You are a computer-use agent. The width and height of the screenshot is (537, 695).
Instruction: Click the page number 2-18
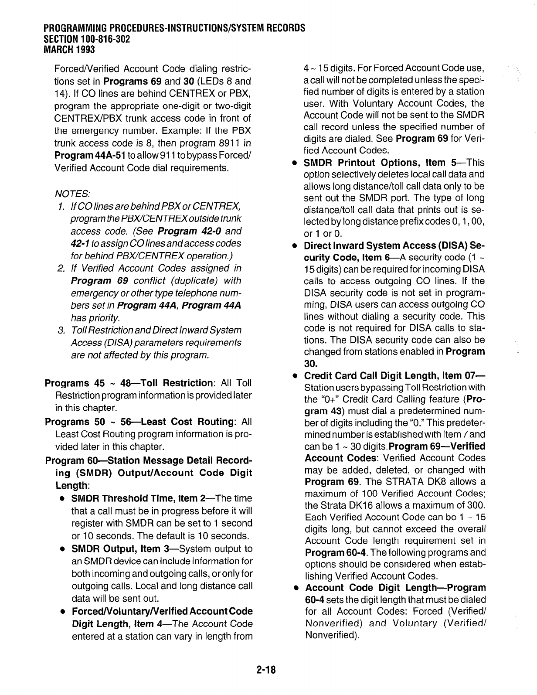point(268,669)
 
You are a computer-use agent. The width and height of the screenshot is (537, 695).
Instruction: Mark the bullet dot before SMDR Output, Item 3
point(63,549)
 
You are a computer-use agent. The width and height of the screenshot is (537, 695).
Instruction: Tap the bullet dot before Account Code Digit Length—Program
point(295,588)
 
